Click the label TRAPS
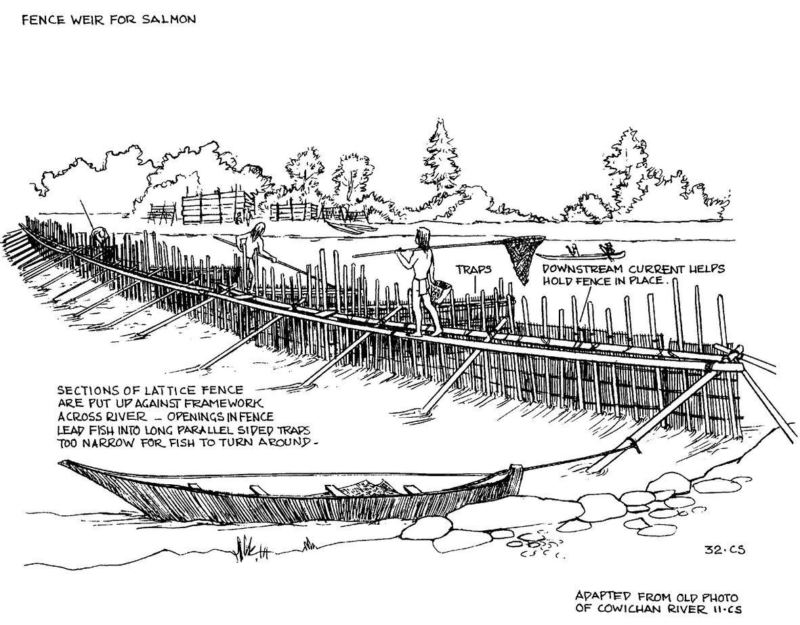click(x=473, y=269)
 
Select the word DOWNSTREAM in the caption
click(x=582, y=270)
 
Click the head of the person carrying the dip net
click(x=423, y=235)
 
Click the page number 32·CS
click(x=725, y=549)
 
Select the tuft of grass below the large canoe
click(x=247, y=549)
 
